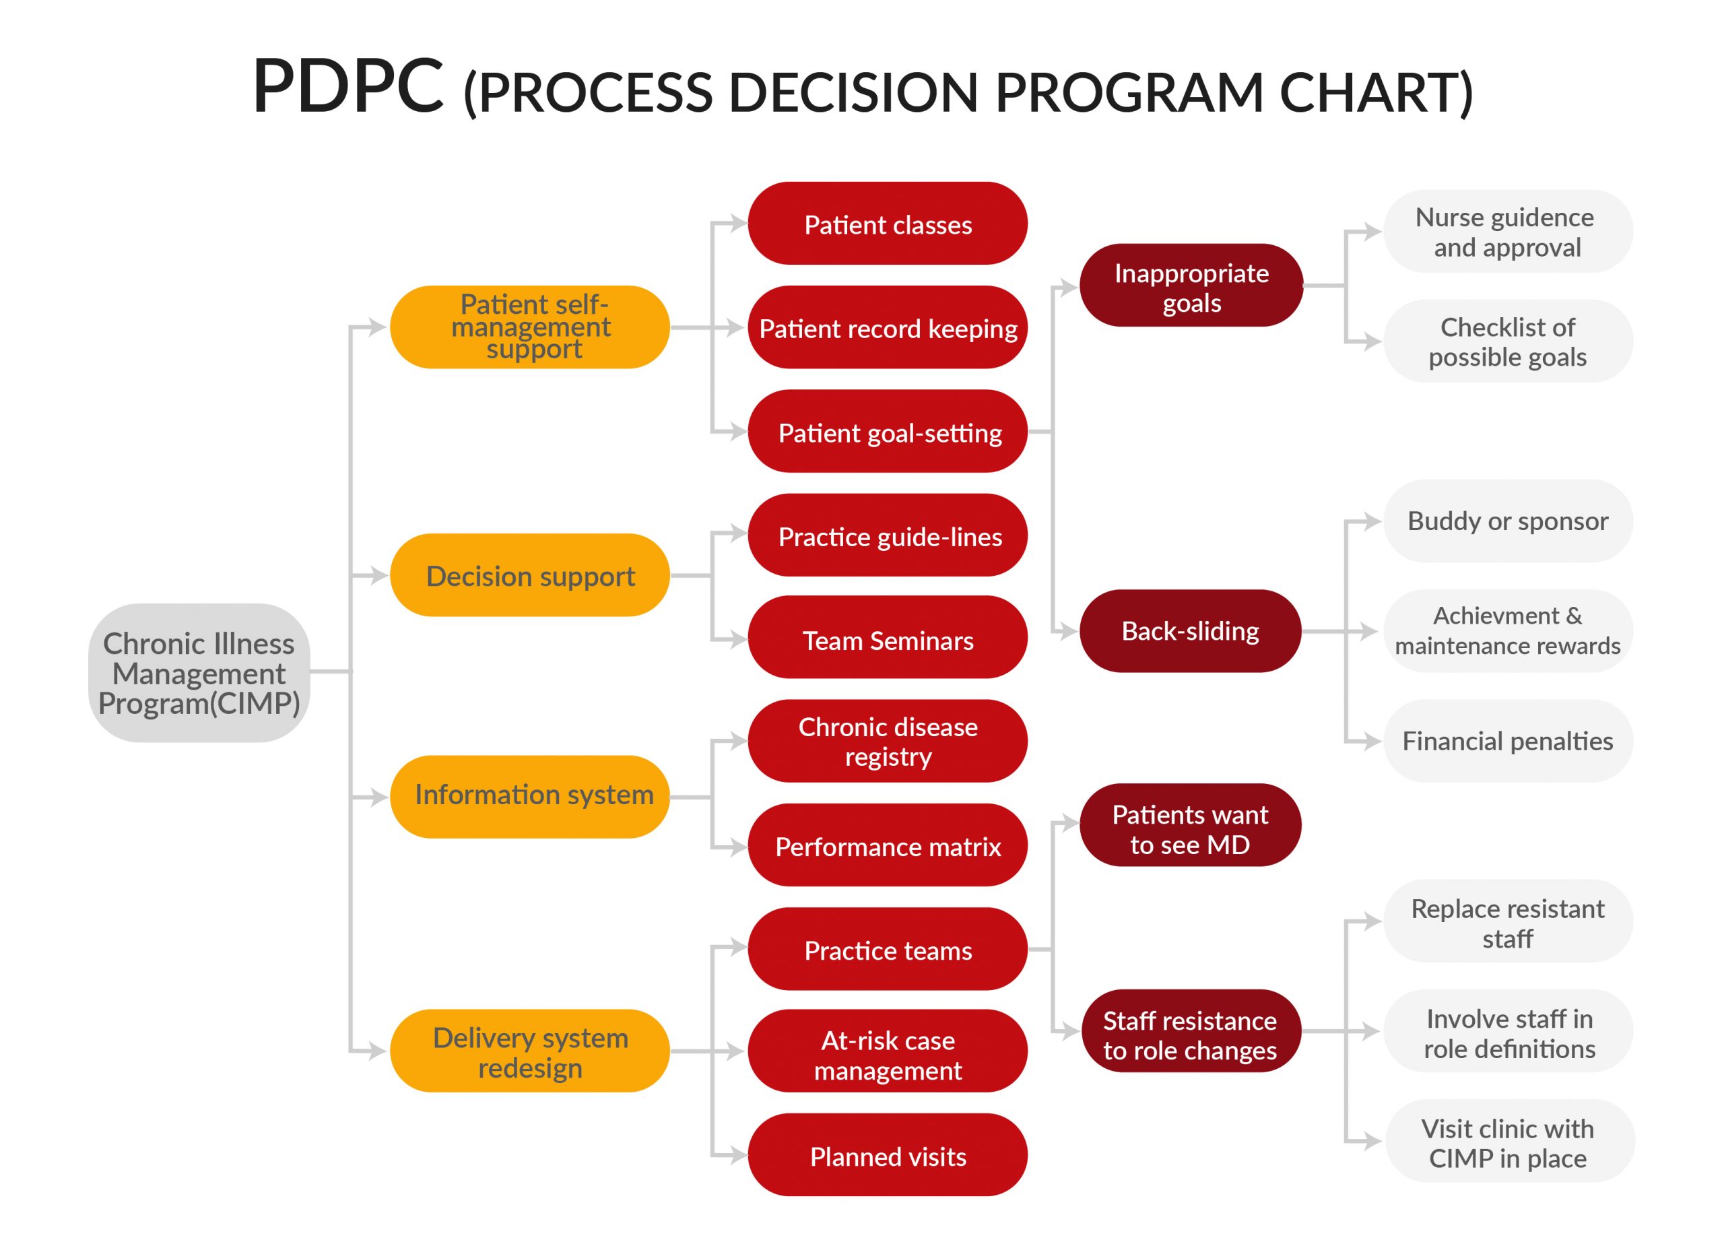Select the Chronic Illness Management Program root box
tap(199, 674)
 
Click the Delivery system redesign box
tap(530, 1051)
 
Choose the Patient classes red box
tap(887, 224)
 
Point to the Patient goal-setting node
tap(887, 432)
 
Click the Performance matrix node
tap(887, 846)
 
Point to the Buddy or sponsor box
tap(1507, 521)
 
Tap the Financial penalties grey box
tap(1507, 742)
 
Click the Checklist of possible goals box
tap(1507, 341)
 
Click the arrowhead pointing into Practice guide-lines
tap(737, 533)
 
